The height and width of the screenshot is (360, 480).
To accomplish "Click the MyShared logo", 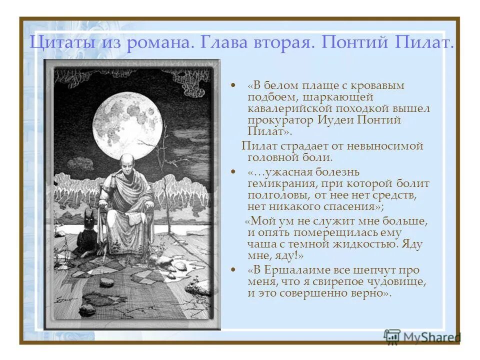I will (x=422, y=337).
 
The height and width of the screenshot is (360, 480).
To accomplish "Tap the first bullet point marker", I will (x=233, y=86).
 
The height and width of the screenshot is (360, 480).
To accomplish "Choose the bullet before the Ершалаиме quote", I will (x=233, y=270).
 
